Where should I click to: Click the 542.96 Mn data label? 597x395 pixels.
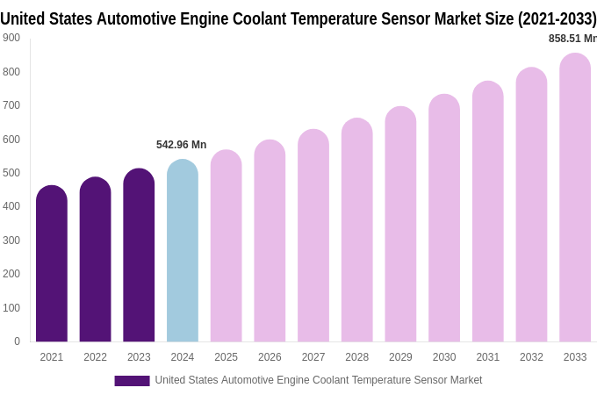coord(182,145)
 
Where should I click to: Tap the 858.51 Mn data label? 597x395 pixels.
coord(572,39)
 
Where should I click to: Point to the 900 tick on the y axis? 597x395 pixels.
coord(11,38)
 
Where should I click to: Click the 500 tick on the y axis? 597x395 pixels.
coord(11,173)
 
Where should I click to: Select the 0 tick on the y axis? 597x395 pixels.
coord(17,341)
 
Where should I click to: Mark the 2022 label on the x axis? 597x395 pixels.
coord(95,357)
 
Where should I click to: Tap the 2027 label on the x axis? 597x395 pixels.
coord(313,357)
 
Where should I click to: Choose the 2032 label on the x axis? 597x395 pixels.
coord(531,357)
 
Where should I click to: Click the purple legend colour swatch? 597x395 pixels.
coord(132,381)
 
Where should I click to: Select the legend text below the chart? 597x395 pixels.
coord(318,380)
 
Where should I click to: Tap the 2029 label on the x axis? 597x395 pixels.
coord(400,357)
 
